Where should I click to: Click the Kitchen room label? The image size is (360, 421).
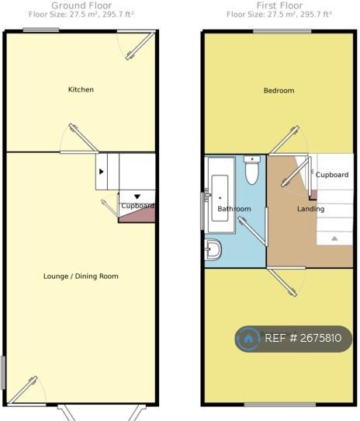tap(81, 89)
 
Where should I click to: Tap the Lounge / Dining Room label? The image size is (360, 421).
tap(81, 277)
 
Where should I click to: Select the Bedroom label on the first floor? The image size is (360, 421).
tap(279, 90)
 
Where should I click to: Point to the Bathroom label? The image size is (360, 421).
tap(234, 209)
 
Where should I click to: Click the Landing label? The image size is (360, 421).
tap(310, 209)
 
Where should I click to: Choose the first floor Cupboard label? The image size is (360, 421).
tap(332, 175)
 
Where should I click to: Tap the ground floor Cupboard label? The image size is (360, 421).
tap(137, 206)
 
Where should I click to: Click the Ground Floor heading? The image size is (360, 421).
tap(81, 5)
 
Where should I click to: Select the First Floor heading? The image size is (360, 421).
tap(279, 5)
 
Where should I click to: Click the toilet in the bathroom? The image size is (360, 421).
tap(251, 170)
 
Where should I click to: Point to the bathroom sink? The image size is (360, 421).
tap(213, 249)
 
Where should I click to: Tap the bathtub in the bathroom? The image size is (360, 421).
tap(220, 195)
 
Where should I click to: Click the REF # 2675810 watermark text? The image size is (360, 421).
tap(303, 338)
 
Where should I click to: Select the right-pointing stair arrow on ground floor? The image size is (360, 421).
tap(101, 172)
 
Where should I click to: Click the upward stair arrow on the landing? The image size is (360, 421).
tap(334, 238)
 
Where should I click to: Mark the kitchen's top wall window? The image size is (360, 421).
tap(41, 30)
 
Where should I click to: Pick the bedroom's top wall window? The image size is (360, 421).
tap(282, 32)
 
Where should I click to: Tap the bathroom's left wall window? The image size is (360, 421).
tap(202, 211)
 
